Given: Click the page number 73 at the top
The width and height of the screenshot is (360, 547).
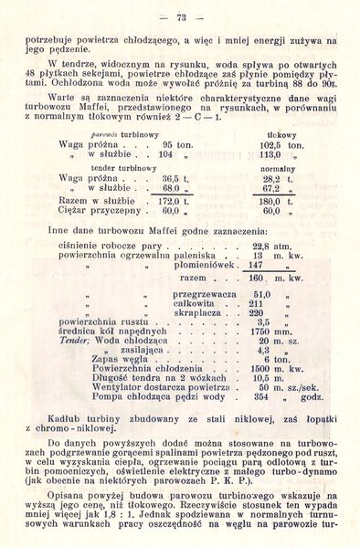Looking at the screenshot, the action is (180, 16).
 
